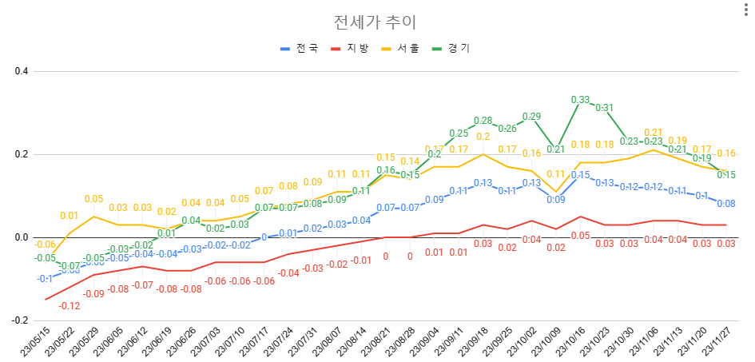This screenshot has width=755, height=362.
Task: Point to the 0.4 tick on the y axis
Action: (21, 71)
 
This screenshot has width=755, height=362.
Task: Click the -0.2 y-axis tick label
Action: (19, 320)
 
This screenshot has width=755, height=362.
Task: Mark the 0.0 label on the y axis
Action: (21, 237)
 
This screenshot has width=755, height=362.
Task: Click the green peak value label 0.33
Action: (580, 100)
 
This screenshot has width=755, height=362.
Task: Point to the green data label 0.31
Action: (604, 108)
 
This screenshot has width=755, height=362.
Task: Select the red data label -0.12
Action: (70, 306)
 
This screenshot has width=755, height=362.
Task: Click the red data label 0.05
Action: (580, 236)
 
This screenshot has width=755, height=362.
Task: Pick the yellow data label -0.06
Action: (45, 245)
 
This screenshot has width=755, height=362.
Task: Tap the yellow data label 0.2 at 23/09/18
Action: (483, 137)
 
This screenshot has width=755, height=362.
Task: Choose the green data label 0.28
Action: (483, 121)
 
